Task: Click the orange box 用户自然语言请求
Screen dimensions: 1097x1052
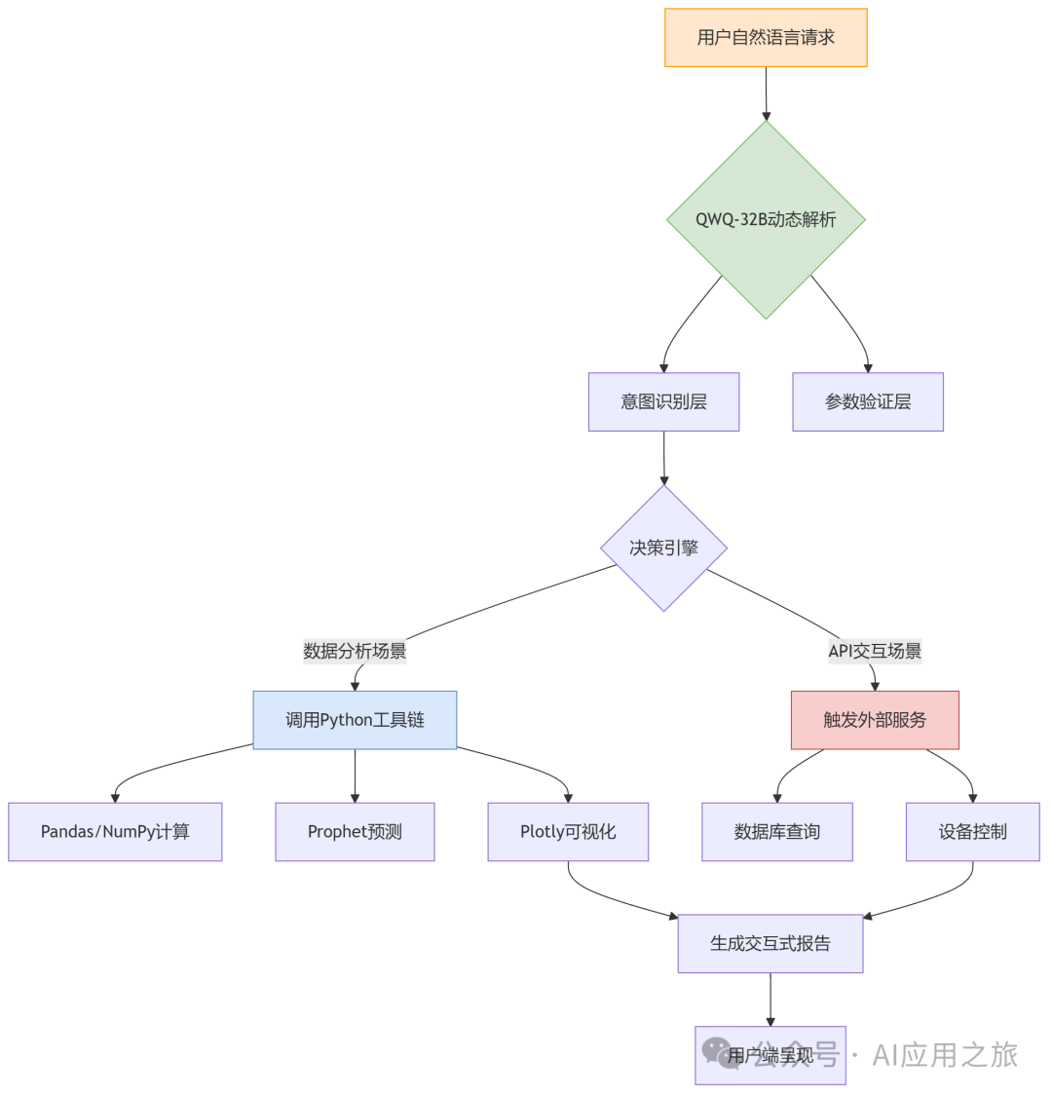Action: coord(766,38)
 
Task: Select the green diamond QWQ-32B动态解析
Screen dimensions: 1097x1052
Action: coord(766,219)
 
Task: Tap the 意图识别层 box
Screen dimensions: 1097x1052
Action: coord(663,401)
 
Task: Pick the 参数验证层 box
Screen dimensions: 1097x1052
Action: coord(868,401)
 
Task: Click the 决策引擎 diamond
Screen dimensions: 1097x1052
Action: coord(663,548)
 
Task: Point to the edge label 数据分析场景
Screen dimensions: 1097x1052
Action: coord(355,651)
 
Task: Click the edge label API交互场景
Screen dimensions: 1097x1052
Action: coord(875,651)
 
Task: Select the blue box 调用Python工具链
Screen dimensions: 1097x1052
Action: coord(355,720)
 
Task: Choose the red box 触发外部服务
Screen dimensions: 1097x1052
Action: coord(875,720)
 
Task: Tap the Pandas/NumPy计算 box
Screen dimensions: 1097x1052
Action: coord(115,832)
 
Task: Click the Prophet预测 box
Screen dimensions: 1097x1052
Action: coord(355,832)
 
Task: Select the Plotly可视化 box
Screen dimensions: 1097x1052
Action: coord(568,832)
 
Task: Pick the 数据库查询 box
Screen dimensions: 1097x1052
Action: coord(777,832)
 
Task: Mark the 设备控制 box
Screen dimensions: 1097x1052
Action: coord(973,832)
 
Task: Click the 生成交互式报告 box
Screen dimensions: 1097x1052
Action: coord(770,943)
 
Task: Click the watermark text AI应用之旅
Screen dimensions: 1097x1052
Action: coord(945,1054)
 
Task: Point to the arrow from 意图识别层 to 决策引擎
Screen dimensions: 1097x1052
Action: coord(663,458)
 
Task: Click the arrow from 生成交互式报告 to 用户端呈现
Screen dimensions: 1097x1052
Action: coord(770,999)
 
